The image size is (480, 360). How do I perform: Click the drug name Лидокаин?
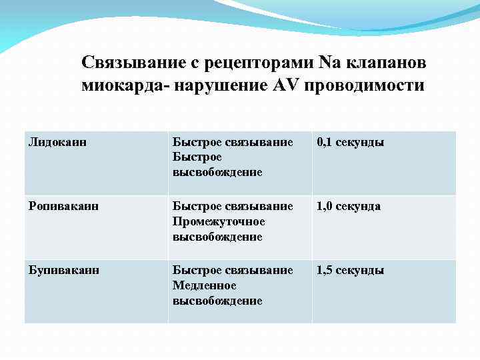point(58,142)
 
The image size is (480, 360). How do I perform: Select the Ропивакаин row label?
point(63,206)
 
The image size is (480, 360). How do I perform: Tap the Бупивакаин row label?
point(63,270)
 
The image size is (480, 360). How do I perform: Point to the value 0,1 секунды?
point(350,142)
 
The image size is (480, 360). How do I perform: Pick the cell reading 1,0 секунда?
point(348,206)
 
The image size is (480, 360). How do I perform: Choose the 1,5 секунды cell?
point(350,270)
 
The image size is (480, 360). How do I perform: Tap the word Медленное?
point(204,285)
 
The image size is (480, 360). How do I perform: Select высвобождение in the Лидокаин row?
point(217,173)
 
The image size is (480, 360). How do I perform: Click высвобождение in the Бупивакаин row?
point(217,301)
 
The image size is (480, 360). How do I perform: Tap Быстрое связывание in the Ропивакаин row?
point(233,206)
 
